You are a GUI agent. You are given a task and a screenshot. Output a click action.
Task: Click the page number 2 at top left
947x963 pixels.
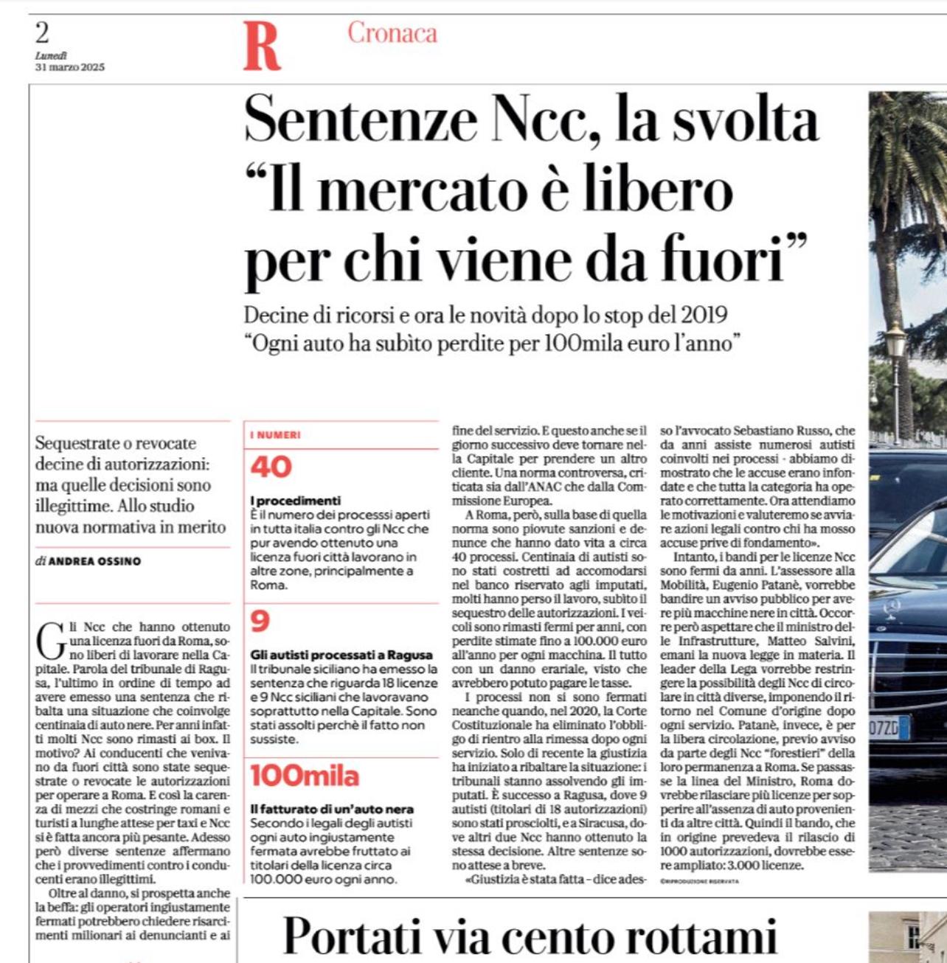tap(42, 33)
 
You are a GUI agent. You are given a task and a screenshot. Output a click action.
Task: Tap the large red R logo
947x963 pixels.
tap(262, 46)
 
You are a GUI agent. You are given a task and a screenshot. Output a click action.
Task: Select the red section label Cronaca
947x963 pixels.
tap(392, 33)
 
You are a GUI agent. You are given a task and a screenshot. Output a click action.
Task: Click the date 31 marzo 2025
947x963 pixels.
tap(70, 67)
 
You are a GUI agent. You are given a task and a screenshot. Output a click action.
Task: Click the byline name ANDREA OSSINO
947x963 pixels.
tap(94, 561)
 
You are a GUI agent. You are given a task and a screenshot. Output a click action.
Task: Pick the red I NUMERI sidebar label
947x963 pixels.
tap(275, 435)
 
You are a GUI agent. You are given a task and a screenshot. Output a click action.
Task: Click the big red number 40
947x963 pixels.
tap(271, 467)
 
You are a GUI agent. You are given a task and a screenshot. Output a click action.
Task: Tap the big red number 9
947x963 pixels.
tap(260, 622)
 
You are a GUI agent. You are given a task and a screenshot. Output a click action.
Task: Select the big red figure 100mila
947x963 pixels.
tap(305, 776)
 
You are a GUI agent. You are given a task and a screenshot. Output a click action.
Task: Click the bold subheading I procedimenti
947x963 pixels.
tap(295, 501)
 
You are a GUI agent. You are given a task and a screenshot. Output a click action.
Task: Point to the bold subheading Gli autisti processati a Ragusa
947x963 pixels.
tap(341, 655)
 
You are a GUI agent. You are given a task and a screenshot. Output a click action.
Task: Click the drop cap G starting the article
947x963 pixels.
tap(51, 640)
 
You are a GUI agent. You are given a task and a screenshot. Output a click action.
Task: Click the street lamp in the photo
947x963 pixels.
tap(895, 346)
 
